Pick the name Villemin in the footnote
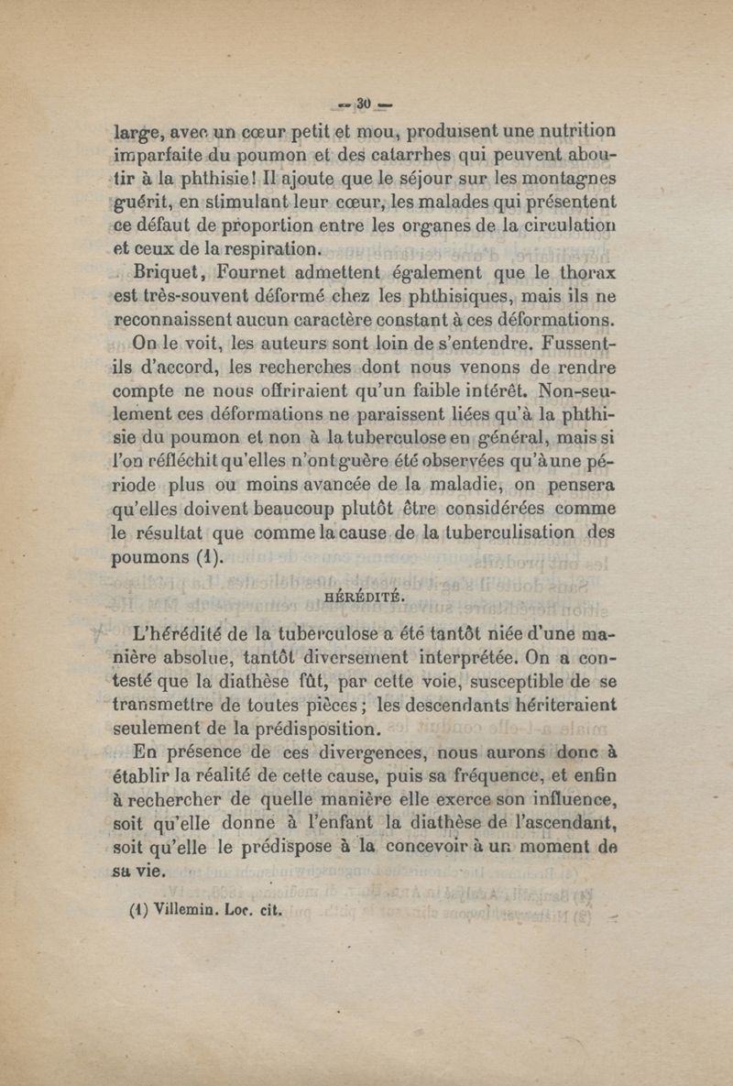click(180, 912)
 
